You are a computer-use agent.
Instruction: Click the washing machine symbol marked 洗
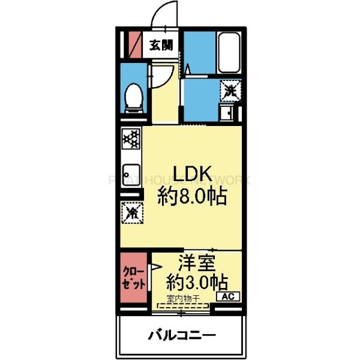tap(230, 90)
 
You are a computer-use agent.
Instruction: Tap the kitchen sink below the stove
tap(131, 170)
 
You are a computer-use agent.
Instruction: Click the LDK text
tap(192, 174)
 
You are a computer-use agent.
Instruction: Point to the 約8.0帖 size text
tap(192, 197)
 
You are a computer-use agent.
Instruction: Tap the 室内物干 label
tap(182, 297)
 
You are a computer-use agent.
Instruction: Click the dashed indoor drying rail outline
tap(182, 305)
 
